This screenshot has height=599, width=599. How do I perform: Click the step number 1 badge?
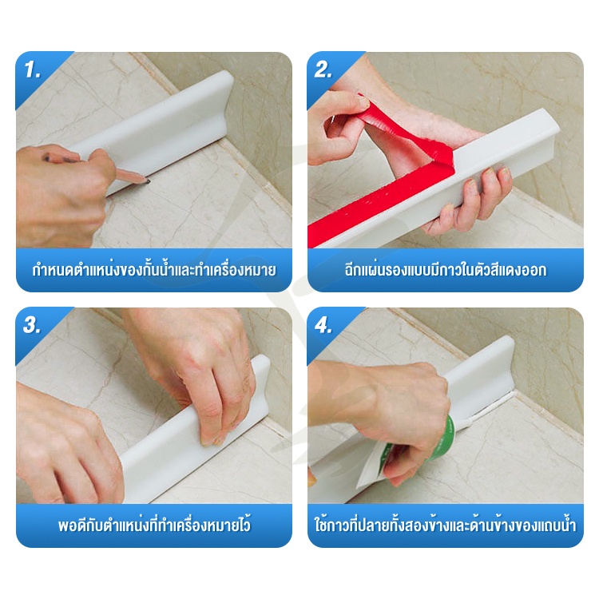33,70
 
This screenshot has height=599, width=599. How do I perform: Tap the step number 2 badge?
323,70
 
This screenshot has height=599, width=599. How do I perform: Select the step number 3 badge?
32,326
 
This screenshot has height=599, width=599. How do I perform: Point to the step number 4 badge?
323,326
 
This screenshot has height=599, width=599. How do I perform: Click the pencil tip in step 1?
148,181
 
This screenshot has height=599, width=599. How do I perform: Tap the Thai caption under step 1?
154,270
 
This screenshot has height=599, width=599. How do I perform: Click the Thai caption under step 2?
446,270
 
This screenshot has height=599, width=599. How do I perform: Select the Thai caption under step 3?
154,524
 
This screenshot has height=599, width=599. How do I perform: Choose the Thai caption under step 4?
446,524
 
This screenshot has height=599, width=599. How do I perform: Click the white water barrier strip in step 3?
195,431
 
